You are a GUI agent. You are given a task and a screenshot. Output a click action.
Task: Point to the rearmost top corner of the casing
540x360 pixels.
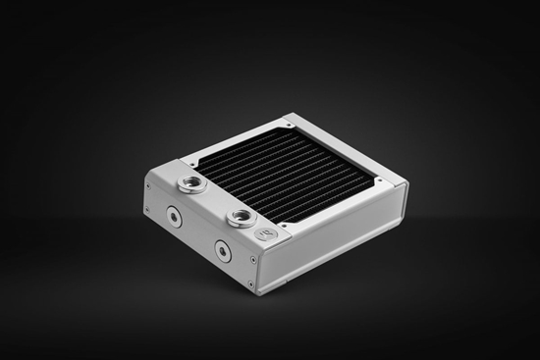coord(292,116)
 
